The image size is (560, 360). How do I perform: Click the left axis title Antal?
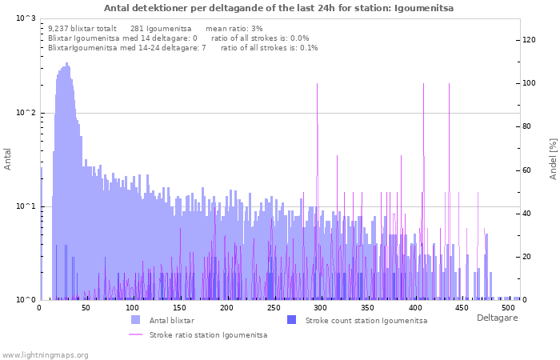tap(8, 159)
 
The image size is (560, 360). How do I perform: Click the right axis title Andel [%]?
tap(553, 158)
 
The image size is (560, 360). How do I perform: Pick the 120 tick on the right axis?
tap(530, 40)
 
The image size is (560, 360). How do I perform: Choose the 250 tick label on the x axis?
tap(274, 308)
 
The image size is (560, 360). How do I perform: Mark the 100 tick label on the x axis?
tap(134, 308)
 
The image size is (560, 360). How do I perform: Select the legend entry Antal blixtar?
tap(171, 320)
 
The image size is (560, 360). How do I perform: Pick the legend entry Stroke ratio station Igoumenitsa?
tap(208, 335)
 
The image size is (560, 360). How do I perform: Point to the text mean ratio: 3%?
tap(234, 28)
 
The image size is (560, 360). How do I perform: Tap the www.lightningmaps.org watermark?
tap(45, 354)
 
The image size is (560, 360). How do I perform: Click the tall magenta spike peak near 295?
tap(318, 83)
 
